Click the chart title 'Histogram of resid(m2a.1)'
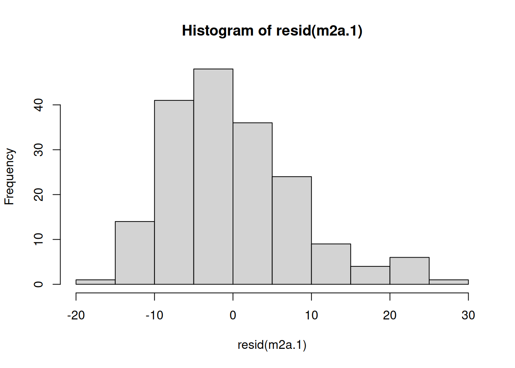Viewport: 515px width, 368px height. tap(272, 31)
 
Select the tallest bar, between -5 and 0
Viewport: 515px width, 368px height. tap(213, 176)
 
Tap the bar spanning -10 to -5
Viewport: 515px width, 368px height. tap(174, 192)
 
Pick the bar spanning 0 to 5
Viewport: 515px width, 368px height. tap(253, 203)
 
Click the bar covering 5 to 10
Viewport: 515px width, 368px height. tap(292, 230)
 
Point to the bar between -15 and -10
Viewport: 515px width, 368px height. tap(135, 253)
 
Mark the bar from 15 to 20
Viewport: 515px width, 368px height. tap(370, 275)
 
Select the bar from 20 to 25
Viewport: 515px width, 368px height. tap(409, 271)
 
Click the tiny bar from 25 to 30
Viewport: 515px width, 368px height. tap(449, 282)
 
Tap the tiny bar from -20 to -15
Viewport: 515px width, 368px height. tap(96, 282)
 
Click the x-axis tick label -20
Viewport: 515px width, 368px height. tap(76, 315)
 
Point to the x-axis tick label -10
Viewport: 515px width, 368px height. tap(154, 315)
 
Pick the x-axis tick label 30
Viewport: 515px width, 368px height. tap(468, 315)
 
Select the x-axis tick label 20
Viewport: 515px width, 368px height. tap(390, 315)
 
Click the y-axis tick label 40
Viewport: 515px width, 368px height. tap(39, 105)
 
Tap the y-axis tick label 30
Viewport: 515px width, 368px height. tap(39, 149)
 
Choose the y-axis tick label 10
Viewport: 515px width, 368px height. tap(39, 239)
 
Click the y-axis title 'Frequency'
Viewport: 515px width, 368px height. tap(9, 176)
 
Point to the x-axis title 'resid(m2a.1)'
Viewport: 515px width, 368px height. tap(272, 345)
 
